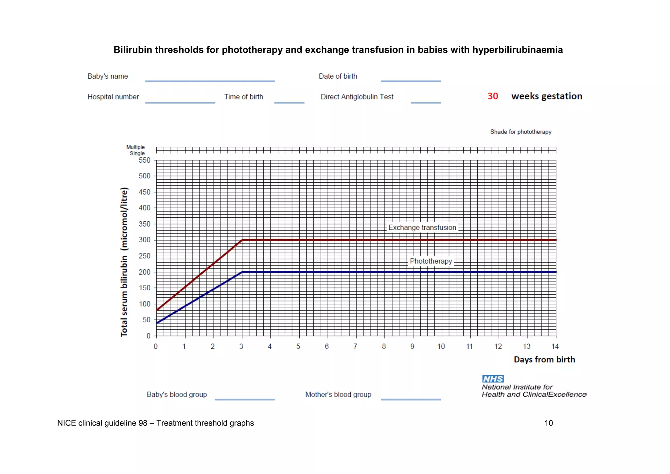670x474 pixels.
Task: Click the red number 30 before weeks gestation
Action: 492,96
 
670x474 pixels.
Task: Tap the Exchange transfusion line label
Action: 422,228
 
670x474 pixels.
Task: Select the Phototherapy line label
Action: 431,261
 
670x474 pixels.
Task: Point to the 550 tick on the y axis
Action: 144,160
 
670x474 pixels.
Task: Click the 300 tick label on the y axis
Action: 144,240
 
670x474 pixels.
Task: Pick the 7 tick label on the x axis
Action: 355,346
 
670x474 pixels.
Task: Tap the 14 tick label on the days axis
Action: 555,346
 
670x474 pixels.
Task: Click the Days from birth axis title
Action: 544,359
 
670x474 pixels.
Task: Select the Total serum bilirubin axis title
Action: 124,262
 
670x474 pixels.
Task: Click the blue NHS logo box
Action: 493,379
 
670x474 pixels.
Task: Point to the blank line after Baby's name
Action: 210,81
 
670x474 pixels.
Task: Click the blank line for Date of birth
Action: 411,81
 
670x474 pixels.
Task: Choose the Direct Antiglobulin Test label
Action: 357,97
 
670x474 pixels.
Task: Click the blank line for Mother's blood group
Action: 411,399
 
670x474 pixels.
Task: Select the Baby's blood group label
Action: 177,394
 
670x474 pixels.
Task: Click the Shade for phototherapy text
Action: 520,132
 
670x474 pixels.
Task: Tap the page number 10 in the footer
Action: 548,423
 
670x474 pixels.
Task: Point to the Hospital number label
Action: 113,97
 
